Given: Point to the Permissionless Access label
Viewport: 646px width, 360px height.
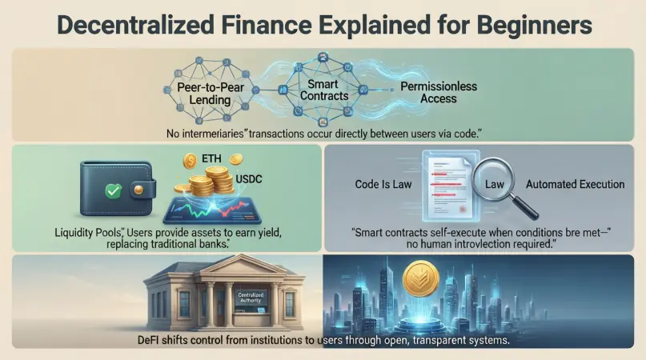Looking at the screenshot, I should tap(427, 92).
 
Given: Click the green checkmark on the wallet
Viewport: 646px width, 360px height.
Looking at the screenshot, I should tap(114, 192).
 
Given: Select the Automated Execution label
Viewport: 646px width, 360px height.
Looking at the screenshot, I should tap(575, 185).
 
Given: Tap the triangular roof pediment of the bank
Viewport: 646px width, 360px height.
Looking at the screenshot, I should tap(224, 273).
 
